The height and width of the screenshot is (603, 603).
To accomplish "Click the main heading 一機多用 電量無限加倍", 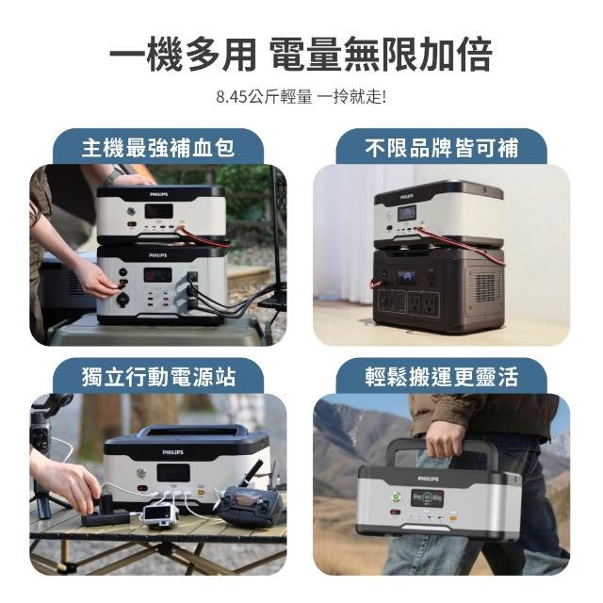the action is pyautogui.click(x=301, y=55).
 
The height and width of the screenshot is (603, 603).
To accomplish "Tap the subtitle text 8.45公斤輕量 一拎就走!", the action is pyautogui.click(x=301, y=96).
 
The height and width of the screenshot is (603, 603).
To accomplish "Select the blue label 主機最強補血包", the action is pyautogui.click(x=158, y=148).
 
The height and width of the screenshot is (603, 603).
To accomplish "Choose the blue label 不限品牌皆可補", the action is pyautogui.click(x=442, y=148).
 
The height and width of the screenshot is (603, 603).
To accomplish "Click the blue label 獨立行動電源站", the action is pyautogui.click(x=158, y=376).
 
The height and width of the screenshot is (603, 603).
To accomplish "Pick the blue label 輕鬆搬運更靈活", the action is pyautogui.click(x=442, y=376).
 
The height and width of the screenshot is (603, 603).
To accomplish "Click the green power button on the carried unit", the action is pyautogui.click(x=396, y=497).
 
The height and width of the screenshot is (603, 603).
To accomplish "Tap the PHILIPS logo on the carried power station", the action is pyautogui.click(x=428, y=479).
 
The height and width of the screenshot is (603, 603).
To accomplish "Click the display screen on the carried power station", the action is pyautogui.click(x=427, y=498).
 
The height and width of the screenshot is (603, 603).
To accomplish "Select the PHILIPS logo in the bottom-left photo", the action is pyautogui.click(x=172, y=452).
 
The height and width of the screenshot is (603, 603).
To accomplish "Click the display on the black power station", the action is pyautogui.click(x=407, y=276).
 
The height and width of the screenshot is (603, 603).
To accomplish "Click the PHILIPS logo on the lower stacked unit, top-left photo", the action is pyautogui.click(x=158, y=255).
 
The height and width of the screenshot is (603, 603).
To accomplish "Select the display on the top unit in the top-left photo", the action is pyautogui.click(x=158, y=211).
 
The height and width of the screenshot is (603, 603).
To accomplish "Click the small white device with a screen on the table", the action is pyautogui.click(x=160, y=514).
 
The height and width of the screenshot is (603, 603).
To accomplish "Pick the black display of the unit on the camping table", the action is pyautogui.click(x=173, y=473).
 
